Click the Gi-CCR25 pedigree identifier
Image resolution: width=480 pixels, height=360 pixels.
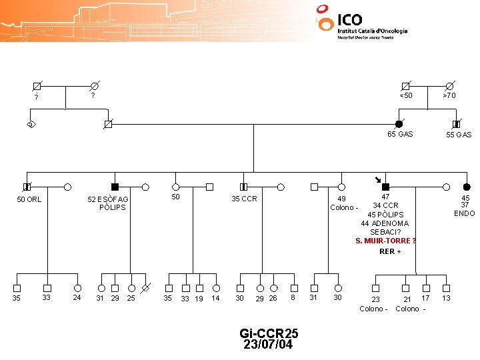[269, 333]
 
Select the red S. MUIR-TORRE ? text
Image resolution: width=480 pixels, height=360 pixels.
[386, 241]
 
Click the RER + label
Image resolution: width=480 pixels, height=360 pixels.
[390, 251]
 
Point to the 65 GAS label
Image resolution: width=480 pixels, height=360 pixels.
[400, 134]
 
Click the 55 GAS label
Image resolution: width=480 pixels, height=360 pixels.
[459, 135]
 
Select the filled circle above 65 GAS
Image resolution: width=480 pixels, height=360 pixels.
[399, 124]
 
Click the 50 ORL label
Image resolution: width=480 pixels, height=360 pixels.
[29, 199]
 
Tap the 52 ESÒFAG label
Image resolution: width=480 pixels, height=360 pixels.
[108, 199]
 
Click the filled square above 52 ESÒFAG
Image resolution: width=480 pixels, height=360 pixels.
[115, 187]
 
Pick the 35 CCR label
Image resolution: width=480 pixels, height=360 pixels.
[244, 199]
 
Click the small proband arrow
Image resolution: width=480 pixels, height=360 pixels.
[377, 179]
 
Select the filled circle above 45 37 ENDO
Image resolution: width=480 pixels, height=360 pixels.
[467, 187]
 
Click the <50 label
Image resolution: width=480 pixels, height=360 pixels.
[405, 95]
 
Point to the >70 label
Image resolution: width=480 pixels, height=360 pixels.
[449, 95]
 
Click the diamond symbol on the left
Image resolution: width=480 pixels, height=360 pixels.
[31, 125]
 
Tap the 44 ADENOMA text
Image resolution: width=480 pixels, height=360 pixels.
[385, 223]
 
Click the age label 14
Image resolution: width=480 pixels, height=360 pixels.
[215, 298]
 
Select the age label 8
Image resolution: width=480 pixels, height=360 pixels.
[293, 297]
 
